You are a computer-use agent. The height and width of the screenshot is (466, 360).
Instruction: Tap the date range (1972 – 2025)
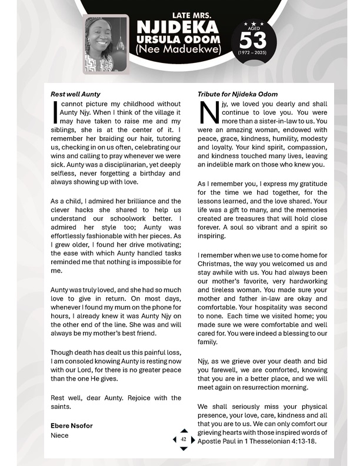click(x=252, y=53)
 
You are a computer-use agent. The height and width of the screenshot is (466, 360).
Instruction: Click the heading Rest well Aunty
click(x=75, y=94)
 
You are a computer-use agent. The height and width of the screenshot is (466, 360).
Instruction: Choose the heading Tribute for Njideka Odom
click(x=238, y=94)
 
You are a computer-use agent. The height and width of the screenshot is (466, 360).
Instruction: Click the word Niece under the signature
click(x=59, y=435)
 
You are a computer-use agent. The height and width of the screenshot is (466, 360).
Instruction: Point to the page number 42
click(x=184, y=440)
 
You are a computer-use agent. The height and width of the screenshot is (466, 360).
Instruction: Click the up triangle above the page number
click(x=184, y=431)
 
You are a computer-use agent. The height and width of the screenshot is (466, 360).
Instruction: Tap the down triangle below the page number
click(x=184, y=448)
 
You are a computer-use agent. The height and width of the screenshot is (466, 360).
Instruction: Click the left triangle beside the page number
click(x=175, y=440)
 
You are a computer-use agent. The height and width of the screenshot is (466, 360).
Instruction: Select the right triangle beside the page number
click(x=192, y=440)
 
